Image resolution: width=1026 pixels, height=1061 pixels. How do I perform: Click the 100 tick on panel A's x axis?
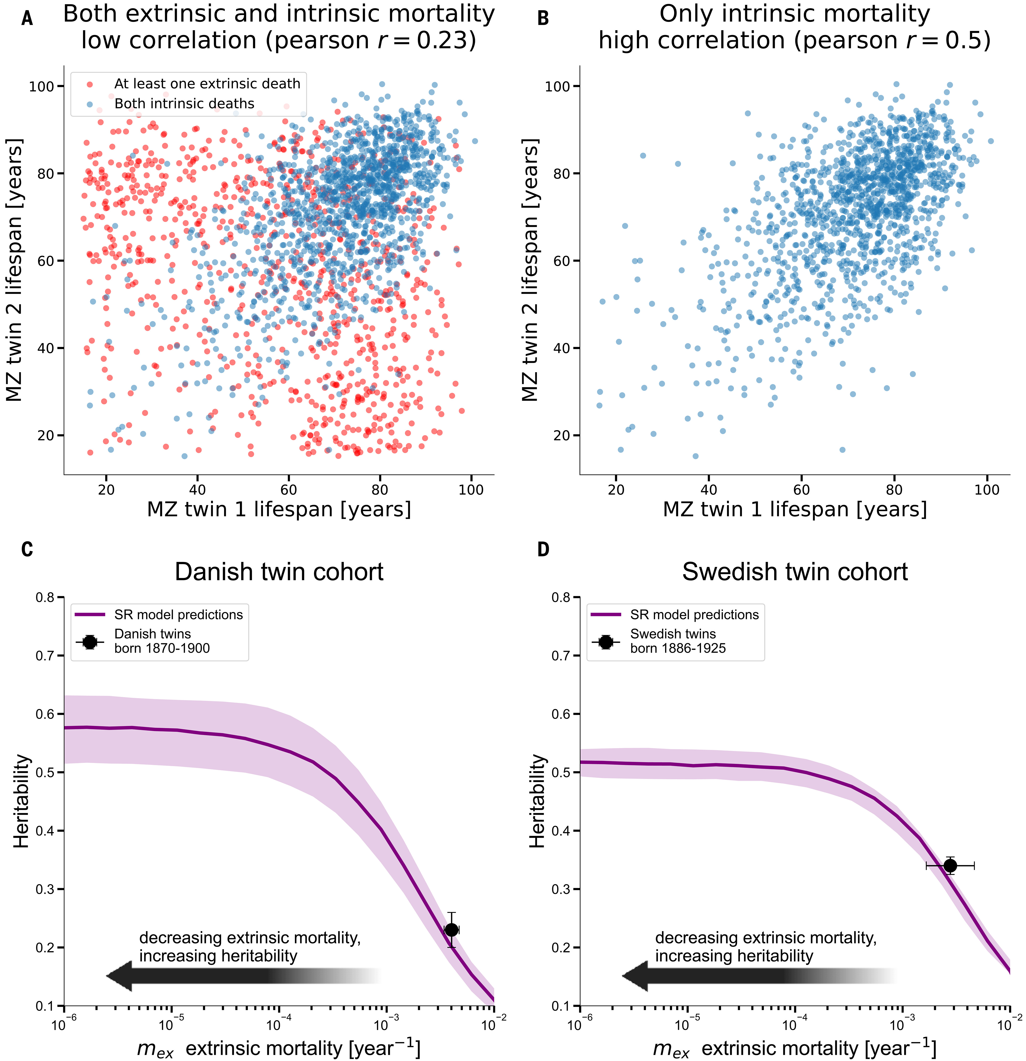click(x=471, y=490)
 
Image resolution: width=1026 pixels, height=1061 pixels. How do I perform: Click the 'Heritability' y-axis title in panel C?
click(x=22, y=801)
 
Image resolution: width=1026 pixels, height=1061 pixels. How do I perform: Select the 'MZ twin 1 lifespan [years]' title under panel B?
click(x=795, y=509)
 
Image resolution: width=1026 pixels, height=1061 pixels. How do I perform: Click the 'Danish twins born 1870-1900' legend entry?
click(x=162, y=641)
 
